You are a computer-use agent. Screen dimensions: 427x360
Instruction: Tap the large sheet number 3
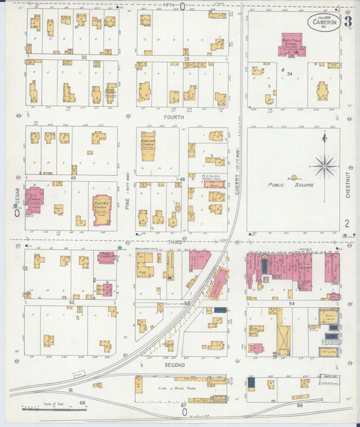coord(347,21)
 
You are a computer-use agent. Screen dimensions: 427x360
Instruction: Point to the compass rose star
coord(324,164)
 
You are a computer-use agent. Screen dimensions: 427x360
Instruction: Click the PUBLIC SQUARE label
coord(284,183)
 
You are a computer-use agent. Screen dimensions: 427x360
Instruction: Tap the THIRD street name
coord(175,241)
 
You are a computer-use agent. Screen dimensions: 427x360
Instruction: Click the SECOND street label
coord(175,365)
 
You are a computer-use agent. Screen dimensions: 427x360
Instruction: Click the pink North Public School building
coord(291,45)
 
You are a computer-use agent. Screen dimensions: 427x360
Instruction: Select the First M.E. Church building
coord(101,209)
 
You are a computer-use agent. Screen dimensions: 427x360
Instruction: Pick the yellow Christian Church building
coord(147,145)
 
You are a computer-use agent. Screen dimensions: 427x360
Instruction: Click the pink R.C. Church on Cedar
coord(34,200)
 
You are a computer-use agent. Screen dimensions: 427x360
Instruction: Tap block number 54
coord(292,305)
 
